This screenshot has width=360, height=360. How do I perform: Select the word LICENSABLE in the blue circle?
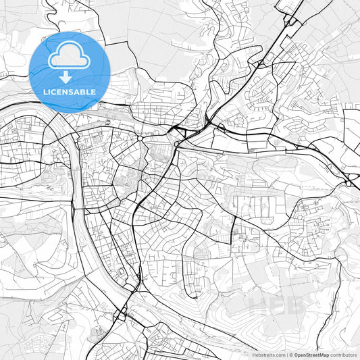click(x=70, y=91)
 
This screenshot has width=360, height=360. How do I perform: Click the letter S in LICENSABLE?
click(x=72, y=91)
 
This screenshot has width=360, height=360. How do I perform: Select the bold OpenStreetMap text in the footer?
click(x=311, y=355)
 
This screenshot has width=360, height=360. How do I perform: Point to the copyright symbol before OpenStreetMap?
click(x=291, y=355)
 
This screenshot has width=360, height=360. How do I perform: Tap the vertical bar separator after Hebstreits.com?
click(x=286, y=355)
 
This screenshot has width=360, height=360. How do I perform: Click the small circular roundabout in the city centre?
click(x=140, y=138)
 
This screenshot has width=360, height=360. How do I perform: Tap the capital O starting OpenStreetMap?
click(x=296, y=355)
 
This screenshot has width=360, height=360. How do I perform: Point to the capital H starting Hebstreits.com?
click(x=253, y=355)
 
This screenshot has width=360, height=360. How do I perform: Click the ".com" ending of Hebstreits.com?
click(x=278, y=355)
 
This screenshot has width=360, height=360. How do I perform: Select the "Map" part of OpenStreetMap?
click(x=323, y=355)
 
